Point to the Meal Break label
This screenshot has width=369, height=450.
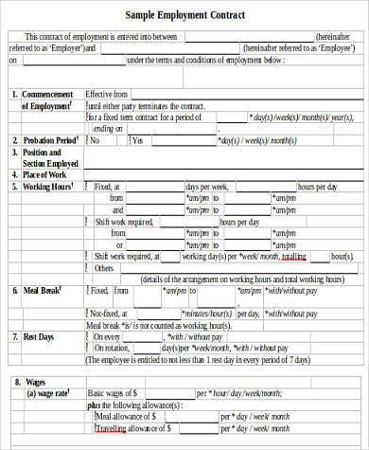[x=42, y=292]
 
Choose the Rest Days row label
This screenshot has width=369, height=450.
[x=39, y=336]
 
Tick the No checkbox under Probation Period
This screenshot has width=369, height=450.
[x=88, y=140]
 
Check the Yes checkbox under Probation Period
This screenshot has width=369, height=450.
[x=127, y=140]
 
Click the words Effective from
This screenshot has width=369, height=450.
[x=105, y=95]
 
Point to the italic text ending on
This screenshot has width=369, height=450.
[x=108, y=129]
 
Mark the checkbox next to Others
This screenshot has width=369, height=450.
[x=88, y=268]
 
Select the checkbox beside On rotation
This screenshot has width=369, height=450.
[x=88, y=348]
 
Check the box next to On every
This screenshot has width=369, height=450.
[x=88, y=336]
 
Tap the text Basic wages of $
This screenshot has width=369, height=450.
[x=113, y=392]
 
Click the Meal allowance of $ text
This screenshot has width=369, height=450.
[x=124, y=415]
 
